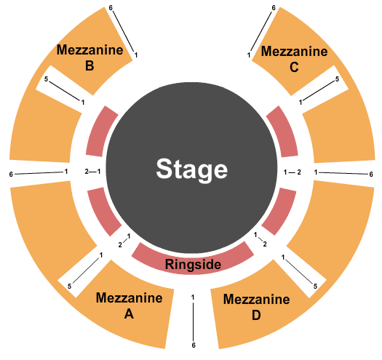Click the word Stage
192,169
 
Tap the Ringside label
193,264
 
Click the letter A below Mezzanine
129,313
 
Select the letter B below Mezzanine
89,65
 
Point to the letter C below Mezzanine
294,67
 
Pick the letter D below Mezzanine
256,315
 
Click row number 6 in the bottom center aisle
194,345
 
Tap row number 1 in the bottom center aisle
193,297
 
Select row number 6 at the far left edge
11,175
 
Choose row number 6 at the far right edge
371,174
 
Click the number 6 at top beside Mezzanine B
111,8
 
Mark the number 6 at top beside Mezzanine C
274,8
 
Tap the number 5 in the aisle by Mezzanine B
46,79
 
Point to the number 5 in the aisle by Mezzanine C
337,79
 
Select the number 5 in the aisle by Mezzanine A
69,287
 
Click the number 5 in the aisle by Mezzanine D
315,287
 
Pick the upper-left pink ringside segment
100,132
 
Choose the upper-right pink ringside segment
283,132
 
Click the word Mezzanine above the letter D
257,300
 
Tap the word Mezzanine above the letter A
129,298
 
